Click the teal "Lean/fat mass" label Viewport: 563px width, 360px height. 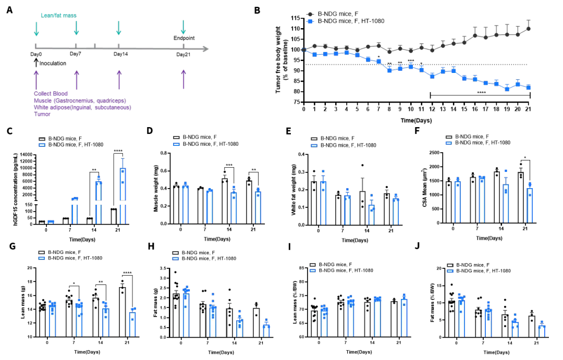[59, 16]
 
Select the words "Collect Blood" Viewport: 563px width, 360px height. [51, 94]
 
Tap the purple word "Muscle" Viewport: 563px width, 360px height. [43, 101]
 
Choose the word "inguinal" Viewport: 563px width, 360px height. [80, 107]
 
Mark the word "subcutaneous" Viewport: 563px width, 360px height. [113, 107]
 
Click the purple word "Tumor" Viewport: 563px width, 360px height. [42, 114]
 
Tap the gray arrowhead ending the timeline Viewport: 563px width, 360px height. [206, 48]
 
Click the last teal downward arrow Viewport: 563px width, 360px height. [183, 26]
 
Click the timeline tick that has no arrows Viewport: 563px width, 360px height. [94, 46]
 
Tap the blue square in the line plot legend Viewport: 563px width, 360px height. [310, 21]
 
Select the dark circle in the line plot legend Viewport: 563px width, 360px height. [310, 14]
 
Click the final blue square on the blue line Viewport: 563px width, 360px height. [529, 88]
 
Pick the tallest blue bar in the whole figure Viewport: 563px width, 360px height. [123, 195]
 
